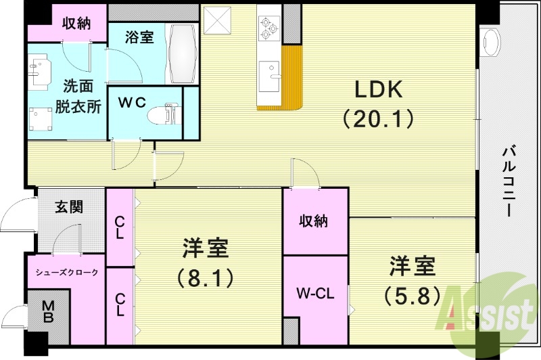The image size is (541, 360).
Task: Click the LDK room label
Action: coord(376,90)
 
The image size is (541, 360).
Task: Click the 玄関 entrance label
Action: coord(70,206)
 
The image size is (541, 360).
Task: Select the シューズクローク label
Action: coord(67,272)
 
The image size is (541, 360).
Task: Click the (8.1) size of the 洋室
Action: coord(205,277)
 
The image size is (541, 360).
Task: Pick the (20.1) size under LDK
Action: coord(376,120)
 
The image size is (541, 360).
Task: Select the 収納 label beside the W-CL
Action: coord(314,221)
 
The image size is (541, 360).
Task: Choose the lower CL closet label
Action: coord(120,304)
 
